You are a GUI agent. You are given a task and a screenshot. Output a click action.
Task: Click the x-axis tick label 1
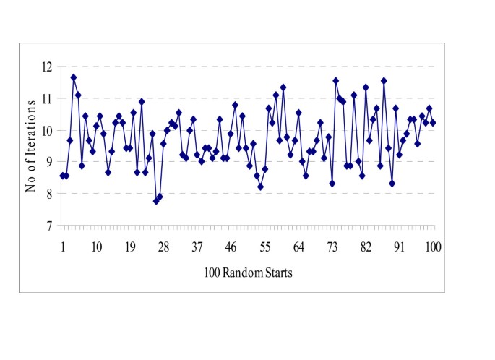[63, 247]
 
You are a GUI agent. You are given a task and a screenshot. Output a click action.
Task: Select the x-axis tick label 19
[130, 247]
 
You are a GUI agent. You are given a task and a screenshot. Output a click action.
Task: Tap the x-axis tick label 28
[164, 247]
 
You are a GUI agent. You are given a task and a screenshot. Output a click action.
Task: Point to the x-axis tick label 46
[231, 247]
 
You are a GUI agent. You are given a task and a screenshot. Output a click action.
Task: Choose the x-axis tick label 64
[298, 247]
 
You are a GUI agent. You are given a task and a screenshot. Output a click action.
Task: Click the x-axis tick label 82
[366, 247]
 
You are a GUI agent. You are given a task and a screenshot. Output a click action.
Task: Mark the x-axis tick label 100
[433, 247]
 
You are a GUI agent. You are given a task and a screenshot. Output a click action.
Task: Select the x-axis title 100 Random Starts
[248, 274]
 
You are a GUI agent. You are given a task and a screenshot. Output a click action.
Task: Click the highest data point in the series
[74, 77]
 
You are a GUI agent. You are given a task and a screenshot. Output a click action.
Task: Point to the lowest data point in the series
[156, 201]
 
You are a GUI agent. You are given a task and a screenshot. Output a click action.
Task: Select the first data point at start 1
[63, 176]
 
